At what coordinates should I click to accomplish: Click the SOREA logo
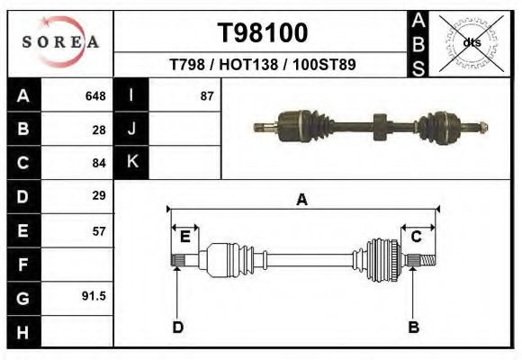point(60,42)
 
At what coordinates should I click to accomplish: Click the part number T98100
point(263,33)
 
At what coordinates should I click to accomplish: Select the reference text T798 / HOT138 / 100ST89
point(262,66)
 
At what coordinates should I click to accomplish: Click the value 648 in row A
point(95,96)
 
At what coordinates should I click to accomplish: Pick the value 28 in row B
point(99,130)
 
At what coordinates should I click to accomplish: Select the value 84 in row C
point(99,163)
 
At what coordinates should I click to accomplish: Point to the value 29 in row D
point(99,195)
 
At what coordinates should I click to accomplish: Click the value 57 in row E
point(99,230)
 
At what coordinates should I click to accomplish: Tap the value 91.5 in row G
point(95,296)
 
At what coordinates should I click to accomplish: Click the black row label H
point(23,331)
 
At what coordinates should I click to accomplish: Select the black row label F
point(23,264)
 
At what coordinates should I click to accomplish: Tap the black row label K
point(132,163)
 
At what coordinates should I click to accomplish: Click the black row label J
point(132,130)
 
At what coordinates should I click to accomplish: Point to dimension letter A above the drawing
point(302,200)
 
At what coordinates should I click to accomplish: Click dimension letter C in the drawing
point(417,237)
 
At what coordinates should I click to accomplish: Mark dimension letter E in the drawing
point(184,237)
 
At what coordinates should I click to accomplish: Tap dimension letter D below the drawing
point(178,327)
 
